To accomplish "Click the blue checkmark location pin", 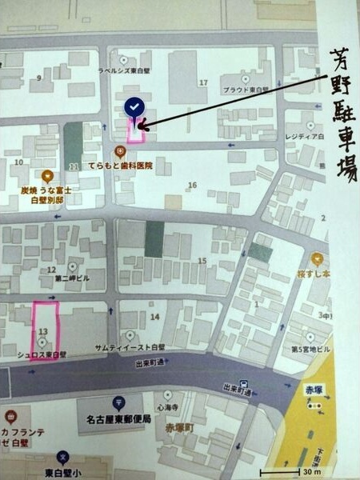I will pos(134,107).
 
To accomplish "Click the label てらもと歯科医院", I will pos(148,162).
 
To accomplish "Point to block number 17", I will pos(204,82).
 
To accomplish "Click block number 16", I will pos(192,185).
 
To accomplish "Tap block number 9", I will pos(38,78).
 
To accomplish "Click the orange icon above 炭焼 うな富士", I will pos(47,176).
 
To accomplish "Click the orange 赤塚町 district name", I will pos(179,427).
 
